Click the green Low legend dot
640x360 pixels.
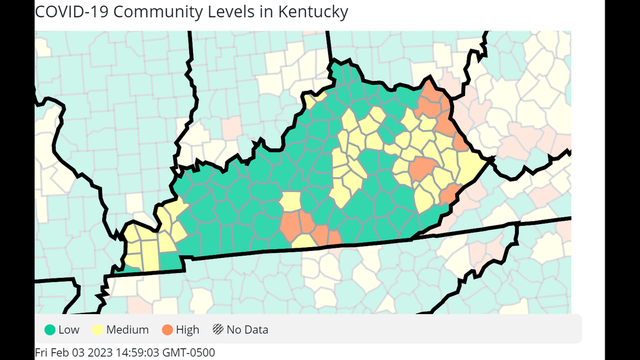point(50,330)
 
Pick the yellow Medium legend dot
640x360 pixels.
point(98,330)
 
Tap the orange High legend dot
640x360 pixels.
point(168,330)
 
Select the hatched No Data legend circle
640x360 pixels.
point(218,330)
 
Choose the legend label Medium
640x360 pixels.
point(127,330)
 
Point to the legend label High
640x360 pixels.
point(188,330)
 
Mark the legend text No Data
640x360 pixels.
point(247,330)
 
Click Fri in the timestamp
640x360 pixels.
point(42,353)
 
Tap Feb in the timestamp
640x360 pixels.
point(61,353)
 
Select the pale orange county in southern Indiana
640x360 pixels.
point(231,128)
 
